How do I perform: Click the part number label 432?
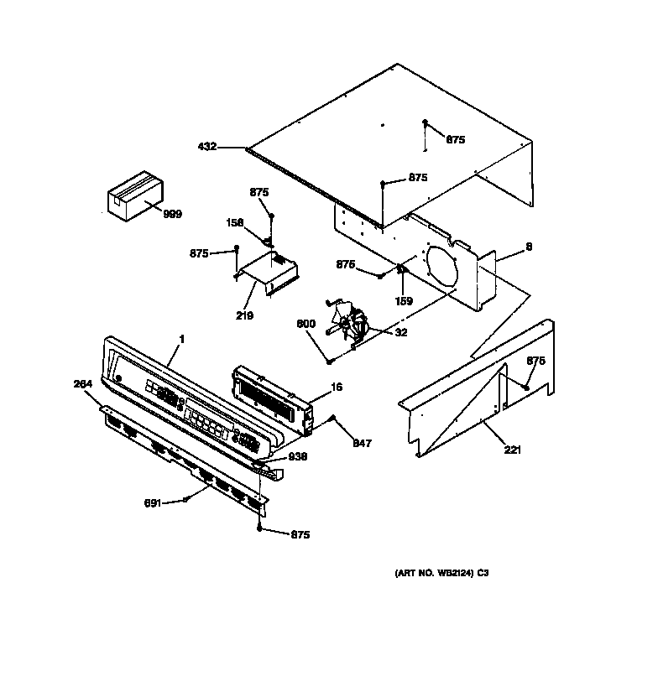tap(207, 147)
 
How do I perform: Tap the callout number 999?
tap(172, 215)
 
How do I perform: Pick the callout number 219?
tap(244, 315)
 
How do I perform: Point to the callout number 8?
tap(529, 247)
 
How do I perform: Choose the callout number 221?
tap(513, 450)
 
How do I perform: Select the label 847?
tap(363, 442)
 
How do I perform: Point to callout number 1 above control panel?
tap(181, 340)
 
